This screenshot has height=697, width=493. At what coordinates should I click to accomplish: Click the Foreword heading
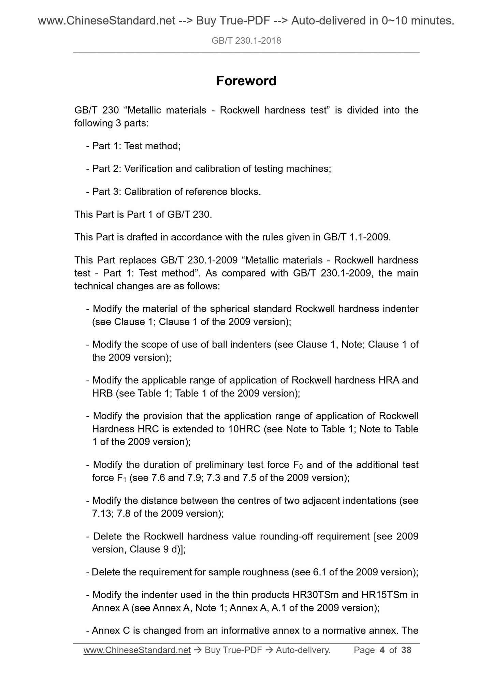click(246, 81)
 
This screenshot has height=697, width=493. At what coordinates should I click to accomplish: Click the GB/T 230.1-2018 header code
click(246, 41)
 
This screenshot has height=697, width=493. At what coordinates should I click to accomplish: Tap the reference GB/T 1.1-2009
click(356, 237)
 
